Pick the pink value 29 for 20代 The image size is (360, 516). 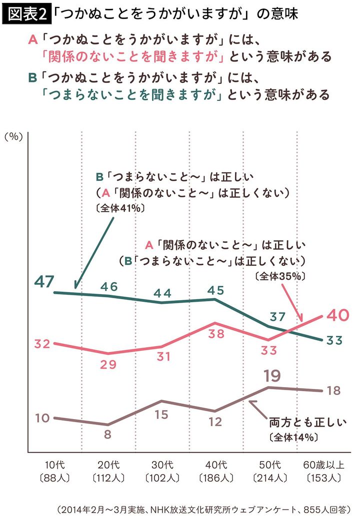(107, 365)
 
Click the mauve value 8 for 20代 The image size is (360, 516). (107, 434)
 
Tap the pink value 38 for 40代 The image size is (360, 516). (216, 334)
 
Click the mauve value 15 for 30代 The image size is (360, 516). (161, 415)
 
